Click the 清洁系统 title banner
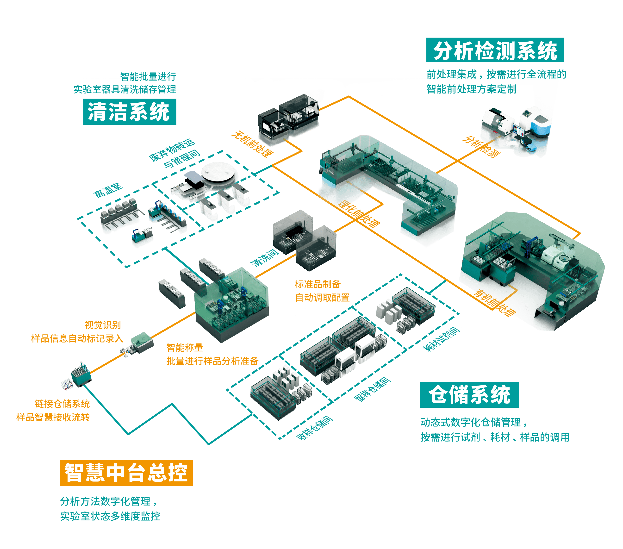(x=130, y=112)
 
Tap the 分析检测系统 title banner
(x=495, y=50)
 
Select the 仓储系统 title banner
(x=469, y=394)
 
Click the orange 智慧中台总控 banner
(x=126, y=473)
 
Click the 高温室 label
(x=108, y=191)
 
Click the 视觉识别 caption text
(x=102, y=325)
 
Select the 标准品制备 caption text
(x=318, y=284)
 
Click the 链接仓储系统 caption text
(x=62, y=404)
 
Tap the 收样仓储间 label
(x=315, y=428)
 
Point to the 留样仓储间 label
(x=373, y=389)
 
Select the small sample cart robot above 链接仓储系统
(x=80, y=375)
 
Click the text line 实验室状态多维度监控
(x=110, y=516)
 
